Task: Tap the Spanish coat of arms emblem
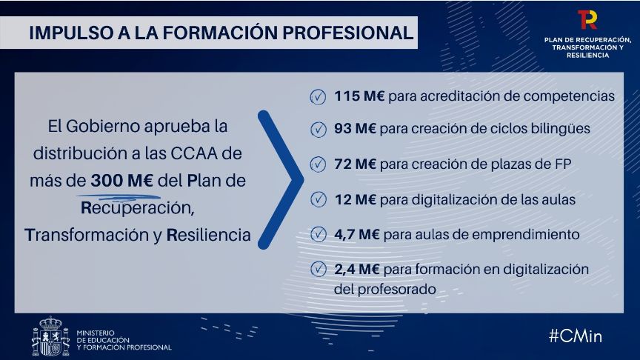(50, 336)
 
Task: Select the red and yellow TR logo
(587, 19)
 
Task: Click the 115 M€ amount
(359, 96)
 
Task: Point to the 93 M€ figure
(356, 129)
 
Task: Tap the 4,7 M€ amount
(357, 234)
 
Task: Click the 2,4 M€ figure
(357, 269)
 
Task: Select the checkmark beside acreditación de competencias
(318, 97)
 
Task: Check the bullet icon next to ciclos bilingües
(318, 130)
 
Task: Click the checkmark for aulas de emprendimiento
(318, 235)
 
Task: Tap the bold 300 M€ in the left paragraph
(122, 181)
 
